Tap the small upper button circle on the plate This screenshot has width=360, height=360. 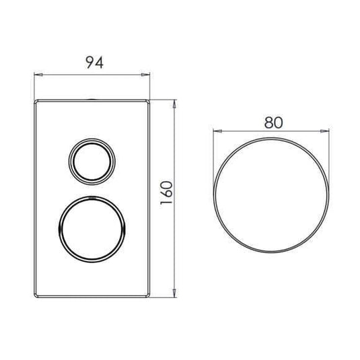tap(89, 160)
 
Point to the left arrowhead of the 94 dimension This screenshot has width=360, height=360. tap(36, 74)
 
